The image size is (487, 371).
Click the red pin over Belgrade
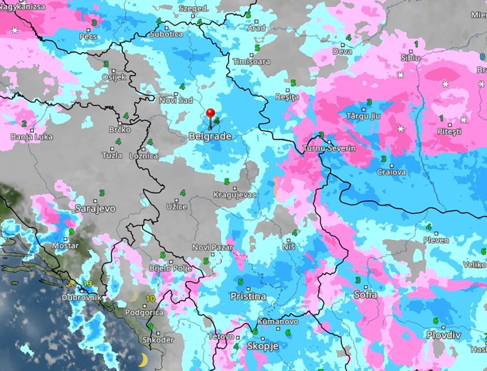point(210,114)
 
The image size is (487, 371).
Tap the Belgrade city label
point(210,136)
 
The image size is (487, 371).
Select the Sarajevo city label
point(95,209)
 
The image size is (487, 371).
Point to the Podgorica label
point(144,313)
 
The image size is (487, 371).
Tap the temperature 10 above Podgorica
point(150,299)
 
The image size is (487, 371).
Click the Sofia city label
point(365,295)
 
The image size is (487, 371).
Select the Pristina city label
point(248,296)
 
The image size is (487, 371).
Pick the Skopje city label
point(263,346)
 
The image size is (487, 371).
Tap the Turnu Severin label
point(329,148)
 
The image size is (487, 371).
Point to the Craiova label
point(391,172)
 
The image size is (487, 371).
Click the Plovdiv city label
point(444,335)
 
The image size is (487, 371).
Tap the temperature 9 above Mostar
point(71,232)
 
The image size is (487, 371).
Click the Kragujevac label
point(235,195)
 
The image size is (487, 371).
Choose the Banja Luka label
point(32,137)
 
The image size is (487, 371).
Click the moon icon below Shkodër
point(142,359)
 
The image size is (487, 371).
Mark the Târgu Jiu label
point(363,116)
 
